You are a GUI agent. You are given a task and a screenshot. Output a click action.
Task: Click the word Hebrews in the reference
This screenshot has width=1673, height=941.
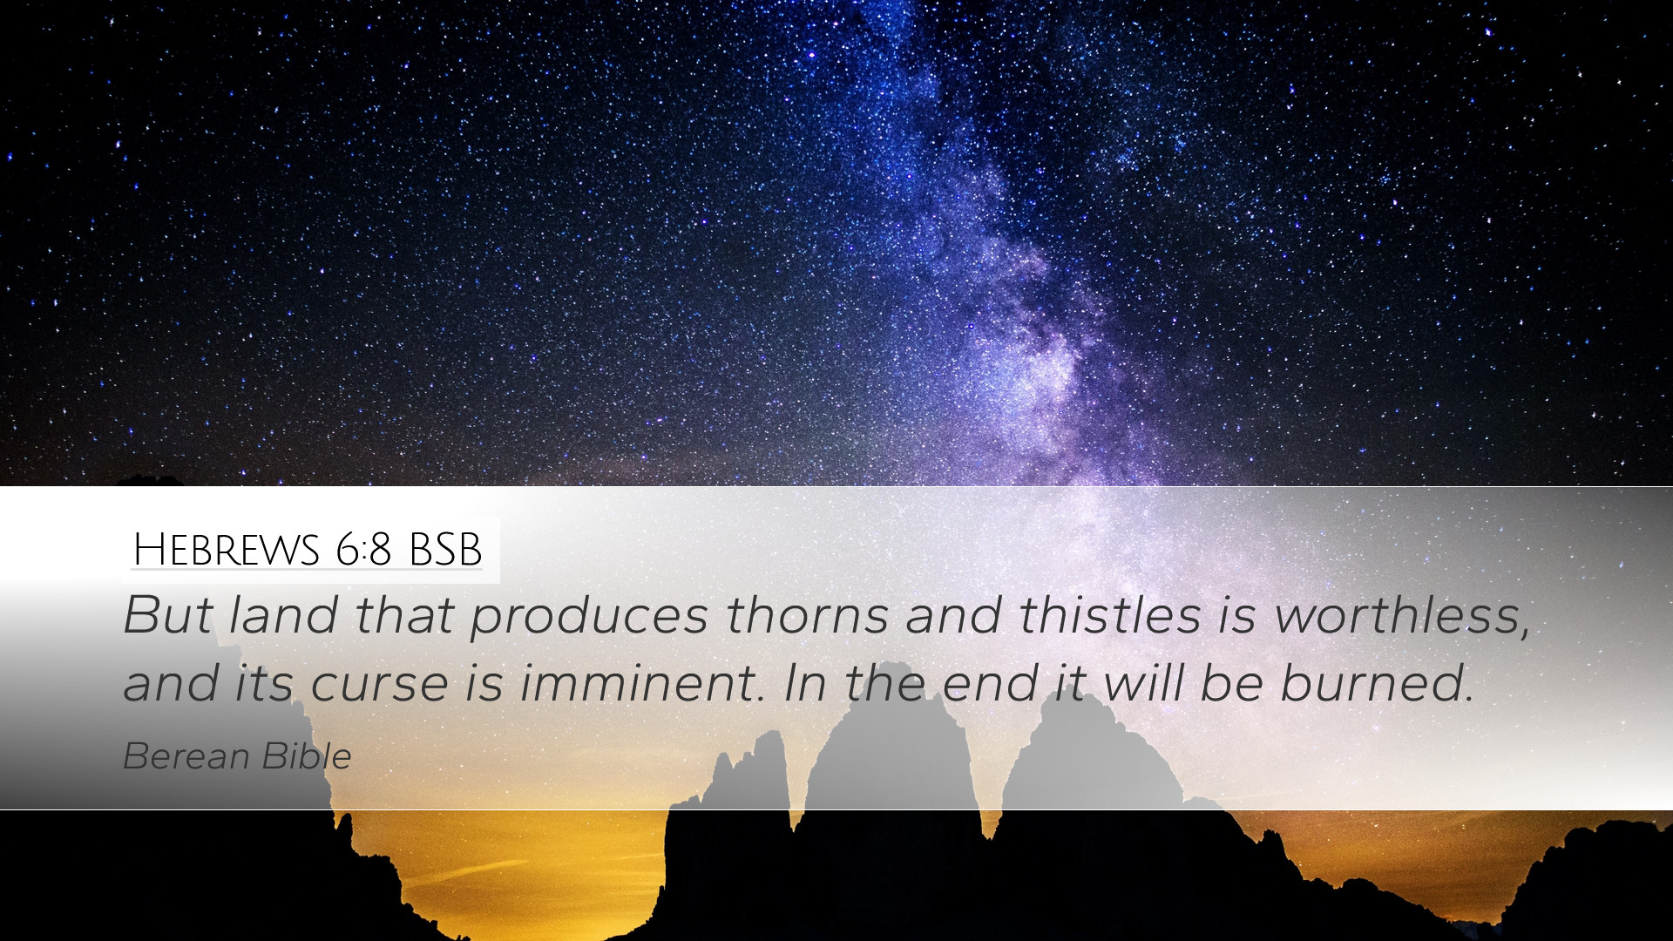point(227,550)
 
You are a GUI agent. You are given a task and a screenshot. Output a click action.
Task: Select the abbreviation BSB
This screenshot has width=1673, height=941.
point(444,550)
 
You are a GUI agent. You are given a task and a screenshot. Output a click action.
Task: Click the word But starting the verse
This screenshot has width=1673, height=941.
point(167,614)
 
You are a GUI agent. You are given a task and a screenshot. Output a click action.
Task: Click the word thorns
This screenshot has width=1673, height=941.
point(806,614)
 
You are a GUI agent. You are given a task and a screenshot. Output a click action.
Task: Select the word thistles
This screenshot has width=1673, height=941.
point(1109,614)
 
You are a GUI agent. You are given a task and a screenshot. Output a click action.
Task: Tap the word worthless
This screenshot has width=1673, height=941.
point(1402,616)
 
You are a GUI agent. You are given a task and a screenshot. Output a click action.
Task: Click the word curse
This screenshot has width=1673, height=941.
point(379,684)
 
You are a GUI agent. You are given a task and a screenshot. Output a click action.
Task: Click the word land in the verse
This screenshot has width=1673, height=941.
point(283,614)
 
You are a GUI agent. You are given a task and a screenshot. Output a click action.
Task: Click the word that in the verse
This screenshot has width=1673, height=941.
point(403,614)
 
